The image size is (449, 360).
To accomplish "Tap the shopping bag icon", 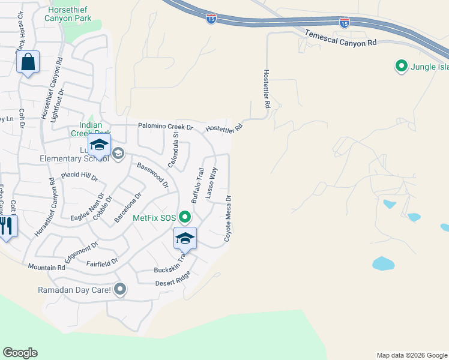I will pos(28,62).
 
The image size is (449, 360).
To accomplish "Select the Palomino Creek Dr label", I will pos(166,127).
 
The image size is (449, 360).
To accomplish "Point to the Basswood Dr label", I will pos(152,175).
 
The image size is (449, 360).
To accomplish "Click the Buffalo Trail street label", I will pos(198,184).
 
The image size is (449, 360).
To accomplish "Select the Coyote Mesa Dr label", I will pos(228,218).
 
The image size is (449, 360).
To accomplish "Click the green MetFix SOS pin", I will pos(185,217).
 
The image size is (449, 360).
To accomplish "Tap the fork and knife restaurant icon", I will pos(7,226).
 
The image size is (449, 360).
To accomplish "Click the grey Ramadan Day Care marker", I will pos(120,290).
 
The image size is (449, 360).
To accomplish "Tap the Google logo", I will pos(20,353).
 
